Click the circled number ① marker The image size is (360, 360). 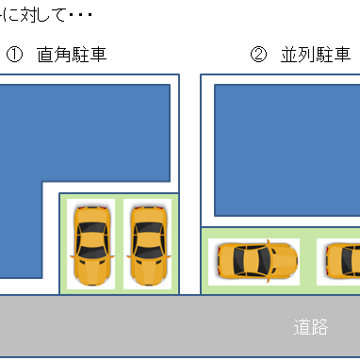[14, 55]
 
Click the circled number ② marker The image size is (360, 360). [258, 55]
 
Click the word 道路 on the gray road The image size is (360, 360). [311, 327]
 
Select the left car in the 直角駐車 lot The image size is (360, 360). [91, 243]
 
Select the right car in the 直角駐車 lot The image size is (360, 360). [149, 243]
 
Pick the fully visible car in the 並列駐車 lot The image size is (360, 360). [253, 260]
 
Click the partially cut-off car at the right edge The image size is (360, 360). [343, 261]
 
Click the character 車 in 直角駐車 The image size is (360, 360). [96, 55]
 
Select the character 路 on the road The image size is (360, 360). [320, 327]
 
